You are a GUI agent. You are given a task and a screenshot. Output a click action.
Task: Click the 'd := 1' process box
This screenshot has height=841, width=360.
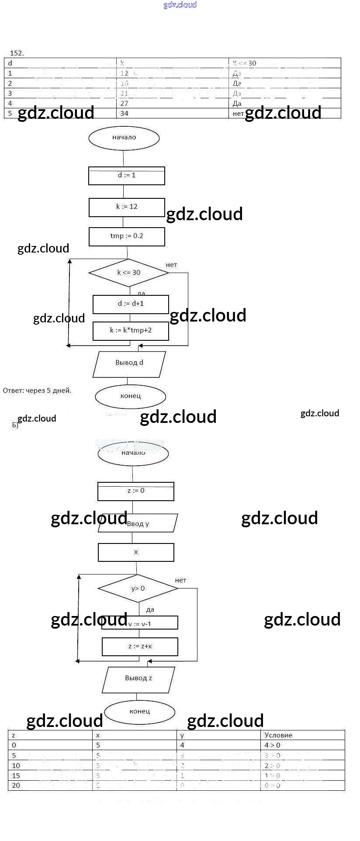click(x=127, y=176)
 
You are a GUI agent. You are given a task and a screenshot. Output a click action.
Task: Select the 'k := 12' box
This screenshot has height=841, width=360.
click(x=127, y=207)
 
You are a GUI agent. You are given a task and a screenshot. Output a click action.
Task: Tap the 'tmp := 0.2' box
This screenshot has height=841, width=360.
click(x=127, y=236)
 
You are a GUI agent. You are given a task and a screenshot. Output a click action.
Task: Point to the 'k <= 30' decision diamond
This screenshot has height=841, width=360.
click(x=128, y=273)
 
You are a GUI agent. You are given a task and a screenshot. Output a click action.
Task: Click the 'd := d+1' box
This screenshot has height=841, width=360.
click(x=131, y=304)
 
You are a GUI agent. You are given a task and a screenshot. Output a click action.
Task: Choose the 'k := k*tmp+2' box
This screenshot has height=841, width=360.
click(x=131, y=331)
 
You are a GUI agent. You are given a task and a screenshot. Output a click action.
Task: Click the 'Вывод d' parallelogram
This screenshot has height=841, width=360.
click(x=129, y=363)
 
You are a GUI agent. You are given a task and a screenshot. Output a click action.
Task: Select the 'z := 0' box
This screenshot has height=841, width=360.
click(x=136, y=491)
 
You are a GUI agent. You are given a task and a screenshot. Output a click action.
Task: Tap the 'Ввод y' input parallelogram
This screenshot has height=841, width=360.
click(x=138, y=523)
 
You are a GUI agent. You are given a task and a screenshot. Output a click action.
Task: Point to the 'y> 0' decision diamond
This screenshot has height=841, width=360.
click(x=138, y=588)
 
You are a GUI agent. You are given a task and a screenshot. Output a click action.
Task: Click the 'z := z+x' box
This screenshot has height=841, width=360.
click(x=140, y=647)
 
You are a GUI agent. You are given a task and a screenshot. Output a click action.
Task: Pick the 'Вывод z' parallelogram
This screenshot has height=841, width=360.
click(x=138, y=678)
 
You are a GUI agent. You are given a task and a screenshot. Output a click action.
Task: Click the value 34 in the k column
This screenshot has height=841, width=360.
click(x=125, y=114)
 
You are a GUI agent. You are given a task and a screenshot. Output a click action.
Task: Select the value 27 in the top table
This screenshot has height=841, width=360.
click(x=125, y=104)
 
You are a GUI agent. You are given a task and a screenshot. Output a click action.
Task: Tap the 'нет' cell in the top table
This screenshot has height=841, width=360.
click(x=239, y=114)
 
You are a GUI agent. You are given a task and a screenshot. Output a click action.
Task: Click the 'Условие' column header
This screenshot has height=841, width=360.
click(x=278, y=735)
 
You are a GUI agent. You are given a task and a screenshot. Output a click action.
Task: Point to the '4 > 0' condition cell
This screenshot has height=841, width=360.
click(x=273, y=745)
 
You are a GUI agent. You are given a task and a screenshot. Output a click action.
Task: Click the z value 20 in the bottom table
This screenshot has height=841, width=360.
click(x=16, y=786)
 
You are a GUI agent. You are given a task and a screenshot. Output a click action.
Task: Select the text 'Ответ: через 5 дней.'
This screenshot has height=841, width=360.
click(x=37, y=391)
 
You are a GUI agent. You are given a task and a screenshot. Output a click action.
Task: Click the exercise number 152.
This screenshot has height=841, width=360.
click(x=17, y=53)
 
